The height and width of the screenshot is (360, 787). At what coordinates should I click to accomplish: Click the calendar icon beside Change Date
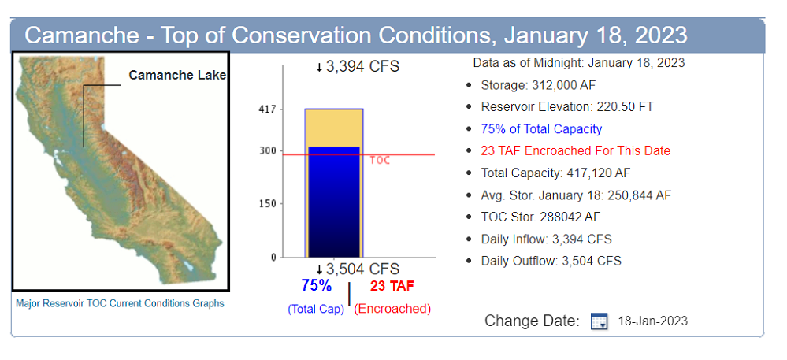(599, 321)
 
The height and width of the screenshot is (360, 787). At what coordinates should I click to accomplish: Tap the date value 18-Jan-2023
(652, 321)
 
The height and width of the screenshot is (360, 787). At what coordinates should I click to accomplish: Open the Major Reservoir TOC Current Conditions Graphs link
(120, 303)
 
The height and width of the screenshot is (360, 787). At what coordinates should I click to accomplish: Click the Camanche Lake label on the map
(177, 76)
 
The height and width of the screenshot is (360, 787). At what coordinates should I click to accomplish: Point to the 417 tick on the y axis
(269, 109)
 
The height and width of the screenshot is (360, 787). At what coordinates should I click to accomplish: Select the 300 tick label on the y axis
(269, 151)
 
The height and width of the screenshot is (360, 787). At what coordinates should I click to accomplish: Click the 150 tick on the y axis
(269, 204)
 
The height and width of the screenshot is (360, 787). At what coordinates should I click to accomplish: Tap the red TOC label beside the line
(380, 160)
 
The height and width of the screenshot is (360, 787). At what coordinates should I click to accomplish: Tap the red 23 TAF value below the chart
(392, 286)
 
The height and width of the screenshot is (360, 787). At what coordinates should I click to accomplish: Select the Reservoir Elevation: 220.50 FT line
(566, 107)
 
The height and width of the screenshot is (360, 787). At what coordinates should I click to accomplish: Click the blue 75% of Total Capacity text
(541, 129)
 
